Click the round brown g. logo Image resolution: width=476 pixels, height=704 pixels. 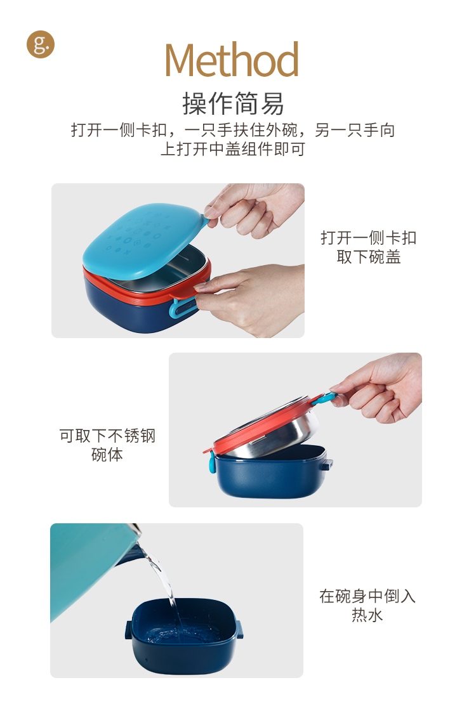41,44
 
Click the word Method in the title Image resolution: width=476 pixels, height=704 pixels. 232,60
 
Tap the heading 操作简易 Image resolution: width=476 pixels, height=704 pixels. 233,103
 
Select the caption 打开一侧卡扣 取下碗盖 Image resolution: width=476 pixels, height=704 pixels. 369,247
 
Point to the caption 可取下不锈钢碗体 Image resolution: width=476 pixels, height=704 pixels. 107,445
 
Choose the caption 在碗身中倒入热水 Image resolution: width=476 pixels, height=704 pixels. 367,605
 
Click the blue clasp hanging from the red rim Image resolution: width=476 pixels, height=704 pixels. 212,462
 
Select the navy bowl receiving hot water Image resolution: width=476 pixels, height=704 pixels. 185,636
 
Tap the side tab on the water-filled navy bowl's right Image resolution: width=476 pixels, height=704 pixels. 241,629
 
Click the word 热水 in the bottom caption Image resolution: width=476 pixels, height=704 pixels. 367,615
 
